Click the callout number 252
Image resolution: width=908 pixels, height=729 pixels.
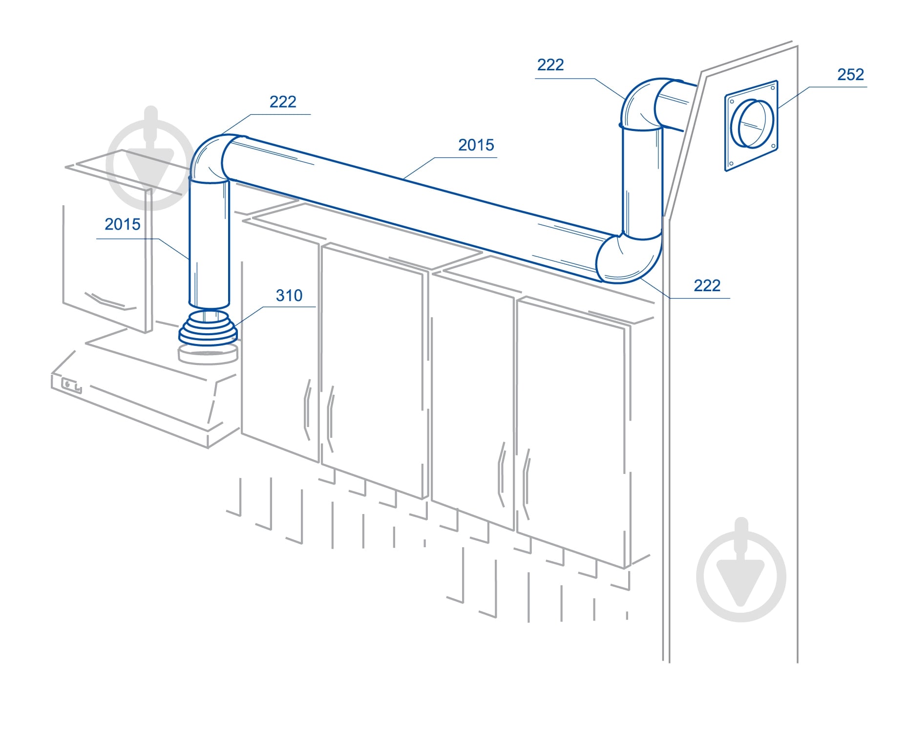click(850, 74)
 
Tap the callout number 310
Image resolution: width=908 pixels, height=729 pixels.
click(289, 295)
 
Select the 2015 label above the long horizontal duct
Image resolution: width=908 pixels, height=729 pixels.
click(476, 145)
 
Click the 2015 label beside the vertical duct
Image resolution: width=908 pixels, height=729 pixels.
click(122, 224)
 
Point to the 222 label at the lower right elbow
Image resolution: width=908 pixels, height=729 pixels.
click(707, 285)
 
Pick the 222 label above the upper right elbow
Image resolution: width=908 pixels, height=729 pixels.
click(550, 64)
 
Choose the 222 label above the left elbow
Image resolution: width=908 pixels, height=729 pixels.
click(283, 102)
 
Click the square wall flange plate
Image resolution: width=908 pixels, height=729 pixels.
click(751, 126)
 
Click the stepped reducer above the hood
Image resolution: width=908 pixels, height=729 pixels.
click(208, 327)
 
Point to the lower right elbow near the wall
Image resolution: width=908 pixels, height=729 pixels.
click(629, 259)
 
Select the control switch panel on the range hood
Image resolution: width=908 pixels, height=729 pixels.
click(71, 386)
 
